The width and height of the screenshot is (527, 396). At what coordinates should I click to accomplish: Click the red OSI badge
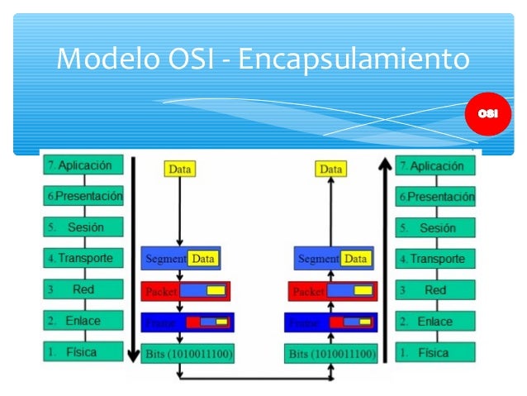[487, 113]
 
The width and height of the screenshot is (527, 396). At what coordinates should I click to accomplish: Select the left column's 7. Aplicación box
[83, 165]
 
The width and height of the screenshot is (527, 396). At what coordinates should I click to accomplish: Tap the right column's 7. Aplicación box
[436, 165]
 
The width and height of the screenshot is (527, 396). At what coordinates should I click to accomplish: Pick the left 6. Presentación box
[83, 196]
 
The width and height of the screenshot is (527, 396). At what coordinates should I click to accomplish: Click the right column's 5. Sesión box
[436, 227]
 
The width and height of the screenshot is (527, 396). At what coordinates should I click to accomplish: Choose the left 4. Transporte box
[83, 258]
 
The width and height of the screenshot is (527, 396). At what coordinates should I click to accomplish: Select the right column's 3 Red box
[436, 290]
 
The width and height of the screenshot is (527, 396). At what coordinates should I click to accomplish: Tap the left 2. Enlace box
[83, 321]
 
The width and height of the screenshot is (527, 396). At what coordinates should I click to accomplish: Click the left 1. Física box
[83, 351]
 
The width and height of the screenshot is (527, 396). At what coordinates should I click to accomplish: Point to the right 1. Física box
[436, 352]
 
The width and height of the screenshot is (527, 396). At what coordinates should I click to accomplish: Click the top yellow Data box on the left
[180, 169]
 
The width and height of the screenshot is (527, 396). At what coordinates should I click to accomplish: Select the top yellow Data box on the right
[330, 169]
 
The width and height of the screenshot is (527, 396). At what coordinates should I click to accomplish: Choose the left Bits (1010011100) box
[187, 354]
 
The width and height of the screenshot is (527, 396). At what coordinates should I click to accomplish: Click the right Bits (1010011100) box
[331, 354]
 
